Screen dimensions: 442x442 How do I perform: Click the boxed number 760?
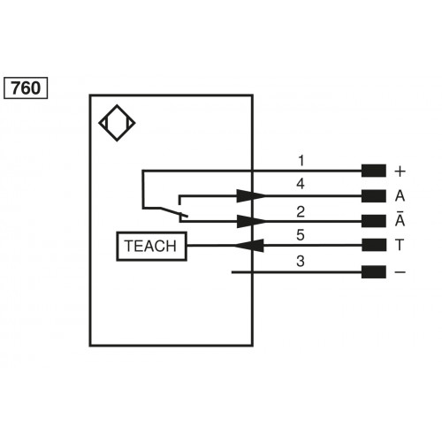(27, 88)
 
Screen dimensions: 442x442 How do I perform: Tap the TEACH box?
(151, 247)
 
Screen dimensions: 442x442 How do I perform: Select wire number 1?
(301, 161)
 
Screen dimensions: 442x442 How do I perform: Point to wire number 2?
(301, 211)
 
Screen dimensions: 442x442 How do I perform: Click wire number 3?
(301, 262)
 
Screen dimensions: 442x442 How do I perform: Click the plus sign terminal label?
(400, 171)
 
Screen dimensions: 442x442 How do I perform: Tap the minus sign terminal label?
(400, 272)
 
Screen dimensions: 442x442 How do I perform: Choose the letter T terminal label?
(400, 247)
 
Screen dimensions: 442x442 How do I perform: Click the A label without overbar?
(400, 196)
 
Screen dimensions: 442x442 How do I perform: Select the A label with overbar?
(400, 221)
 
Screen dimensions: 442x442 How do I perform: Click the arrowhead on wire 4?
(251, 196)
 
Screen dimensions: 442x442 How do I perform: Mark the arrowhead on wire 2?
(251, 221)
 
